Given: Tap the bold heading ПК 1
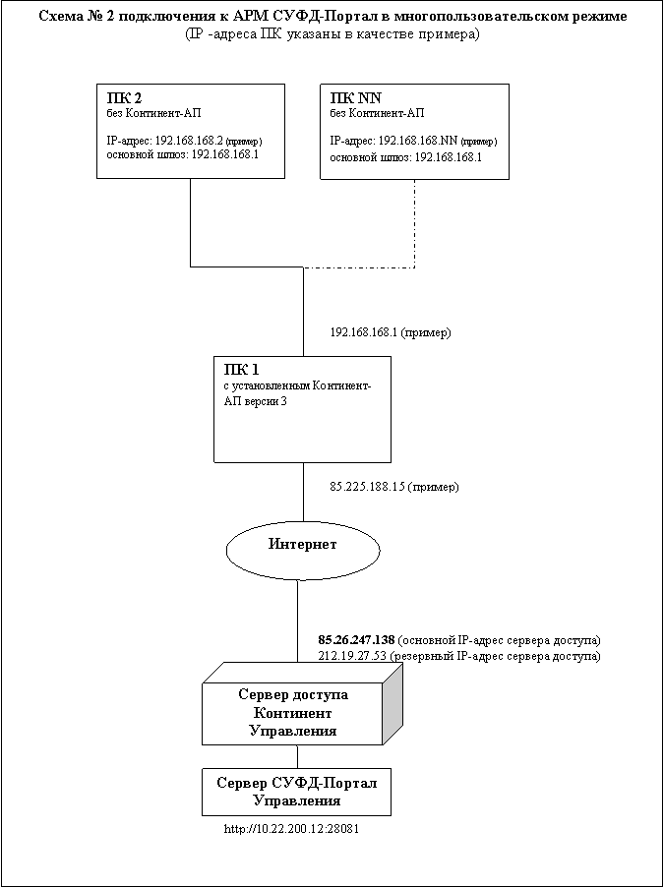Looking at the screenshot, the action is click(241, 370).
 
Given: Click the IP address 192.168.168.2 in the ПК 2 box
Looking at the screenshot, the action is click(189, 141).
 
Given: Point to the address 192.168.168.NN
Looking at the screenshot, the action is click(418, 141).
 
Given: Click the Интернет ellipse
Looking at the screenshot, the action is click(303, 550).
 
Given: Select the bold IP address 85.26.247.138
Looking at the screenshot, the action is click(356, 640).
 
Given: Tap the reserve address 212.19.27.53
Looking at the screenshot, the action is click(352, 656).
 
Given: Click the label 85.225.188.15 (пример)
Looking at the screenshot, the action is click(394, 487).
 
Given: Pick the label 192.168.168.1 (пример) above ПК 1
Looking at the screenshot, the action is click(391, 332).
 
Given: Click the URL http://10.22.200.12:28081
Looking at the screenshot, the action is click(292, 829).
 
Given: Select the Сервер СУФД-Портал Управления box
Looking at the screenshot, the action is click(296, 792).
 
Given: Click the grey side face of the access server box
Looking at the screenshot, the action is click(392, 704).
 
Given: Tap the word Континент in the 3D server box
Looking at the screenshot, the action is click(292, 713).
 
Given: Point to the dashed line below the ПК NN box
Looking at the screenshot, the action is click(415, 223).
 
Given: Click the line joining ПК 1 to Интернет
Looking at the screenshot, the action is click(303, 492).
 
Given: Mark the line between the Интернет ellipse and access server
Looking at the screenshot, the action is click(297, 622).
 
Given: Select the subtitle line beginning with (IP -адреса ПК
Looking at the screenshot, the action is click(332, 34).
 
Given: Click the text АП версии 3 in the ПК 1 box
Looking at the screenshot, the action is click(252, 401).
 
